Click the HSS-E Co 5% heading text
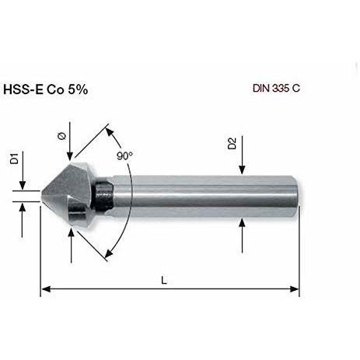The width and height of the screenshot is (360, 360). (46, 89)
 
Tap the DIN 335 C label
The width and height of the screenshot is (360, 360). (276, 89)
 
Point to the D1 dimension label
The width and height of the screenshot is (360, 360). (15, 159)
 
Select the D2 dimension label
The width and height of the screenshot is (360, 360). (232, 144)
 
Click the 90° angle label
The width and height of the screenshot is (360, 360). (124, 156)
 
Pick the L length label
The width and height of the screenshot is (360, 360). (164, 280)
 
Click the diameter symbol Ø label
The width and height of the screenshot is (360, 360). (62, 136)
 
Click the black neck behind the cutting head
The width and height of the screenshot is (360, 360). (104, 194)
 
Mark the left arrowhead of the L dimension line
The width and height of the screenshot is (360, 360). (46, 289)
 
